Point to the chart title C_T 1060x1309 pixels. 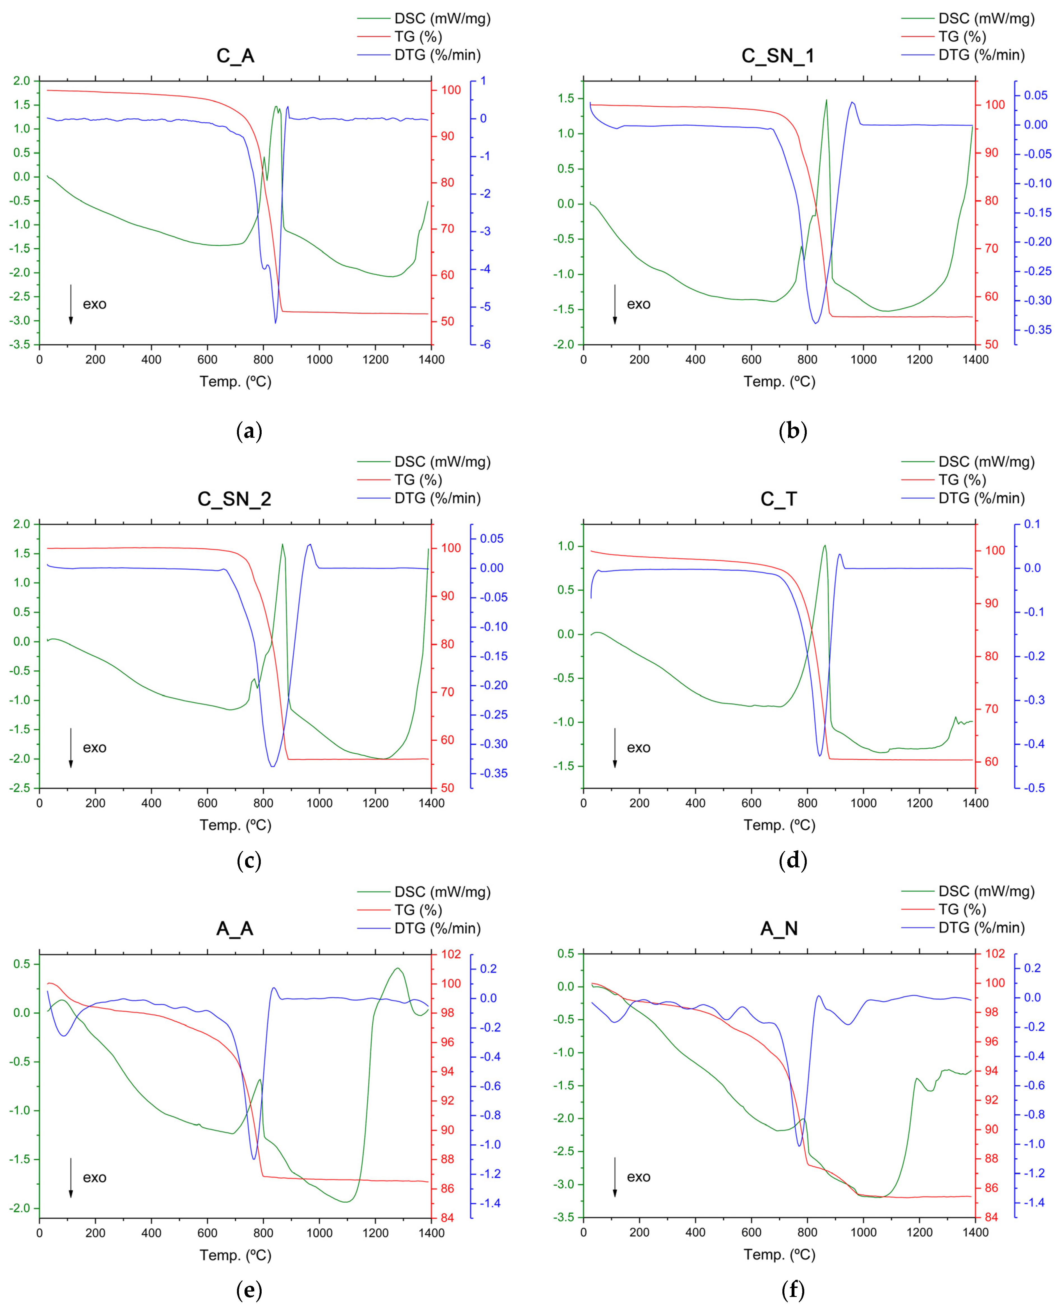tap(778, 499)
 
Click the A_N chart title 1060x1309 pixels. tap(778, 929)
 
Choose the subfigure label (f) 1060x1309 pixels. tap(792, 1290)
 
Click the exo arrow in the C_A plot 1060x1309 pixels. tap(71, 304)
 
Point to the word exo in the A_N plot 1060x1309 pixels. tap(639, 1177)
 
